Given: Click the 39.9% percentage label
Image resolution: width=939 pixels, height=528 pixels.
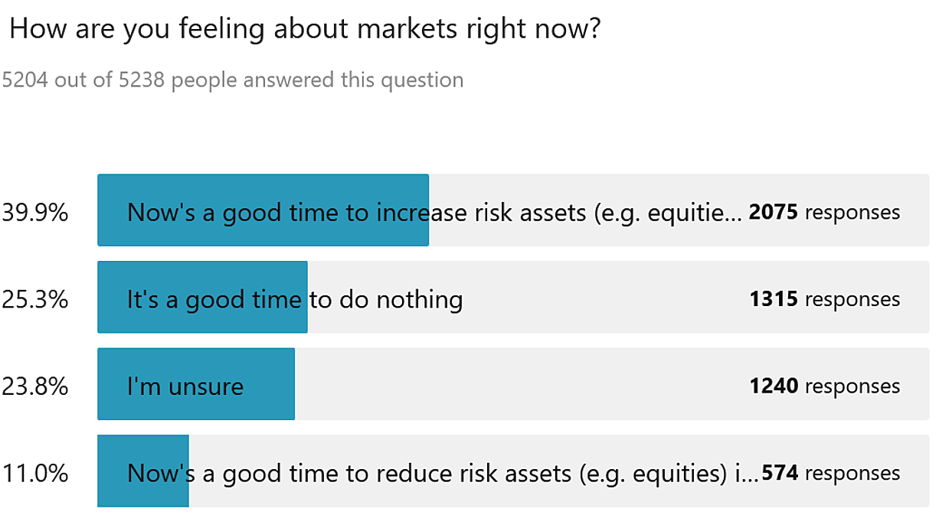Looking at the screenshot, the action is (34, 212).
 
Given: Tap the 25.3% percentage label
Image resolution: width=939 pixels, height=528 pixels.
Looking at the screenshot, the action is (34, 299).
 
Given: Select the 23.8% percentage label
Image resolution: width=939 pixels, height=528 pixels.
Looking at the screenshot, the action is (34, 386).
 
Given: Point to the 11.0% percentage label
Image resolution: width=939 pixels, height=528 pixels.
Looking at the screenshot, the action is (34, 473).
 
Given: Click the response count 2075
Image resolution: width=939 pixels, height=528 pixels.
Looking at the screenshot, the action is (773, 212).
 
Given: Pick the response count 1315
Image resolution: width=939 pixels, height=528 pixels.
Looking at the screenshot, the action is (774, 299).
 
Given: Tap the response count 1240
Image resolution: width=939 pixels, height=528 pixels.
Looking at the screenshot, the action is (774, 386).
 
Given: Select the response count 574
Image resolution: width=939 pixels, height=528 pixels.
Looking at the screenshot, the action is (780, 473).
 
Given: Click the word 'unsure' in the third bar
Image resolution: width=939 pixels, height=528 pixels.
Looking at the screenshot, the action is (206, 387).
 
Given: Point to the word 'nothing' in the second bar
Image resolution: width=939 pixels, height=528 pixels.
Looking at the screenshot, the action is (420, 300).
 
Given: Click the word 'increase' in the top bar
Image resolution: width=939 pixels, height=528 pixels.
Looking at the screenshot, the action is (422, 212).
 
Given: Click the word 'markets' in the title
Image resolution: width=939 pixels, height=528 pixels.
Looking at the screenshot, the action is (407, 28).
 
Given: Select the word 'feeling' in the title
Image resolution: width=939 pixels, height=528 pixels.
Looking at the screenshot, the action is (222, 29).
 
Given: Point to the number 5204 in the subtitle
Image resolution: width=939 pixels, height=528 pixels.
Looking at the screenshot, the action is (25, 80).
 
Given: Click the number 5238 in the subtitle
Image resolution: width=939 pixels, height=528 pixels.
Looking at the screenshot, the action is (141, 80).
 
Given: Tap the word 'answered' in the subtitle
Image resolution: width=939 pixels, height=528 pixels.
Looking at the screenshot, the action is (289, 80).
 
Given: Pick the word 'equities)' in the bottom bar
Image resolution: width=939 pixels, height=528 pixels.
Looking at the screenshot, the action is (680, 474).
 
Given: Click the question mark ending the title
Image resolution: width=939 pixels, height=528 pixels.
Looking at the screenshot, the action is (594, 28).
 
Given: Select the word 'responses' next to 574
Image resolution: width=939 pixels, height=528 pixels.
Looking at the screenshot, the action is (852, 474).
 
